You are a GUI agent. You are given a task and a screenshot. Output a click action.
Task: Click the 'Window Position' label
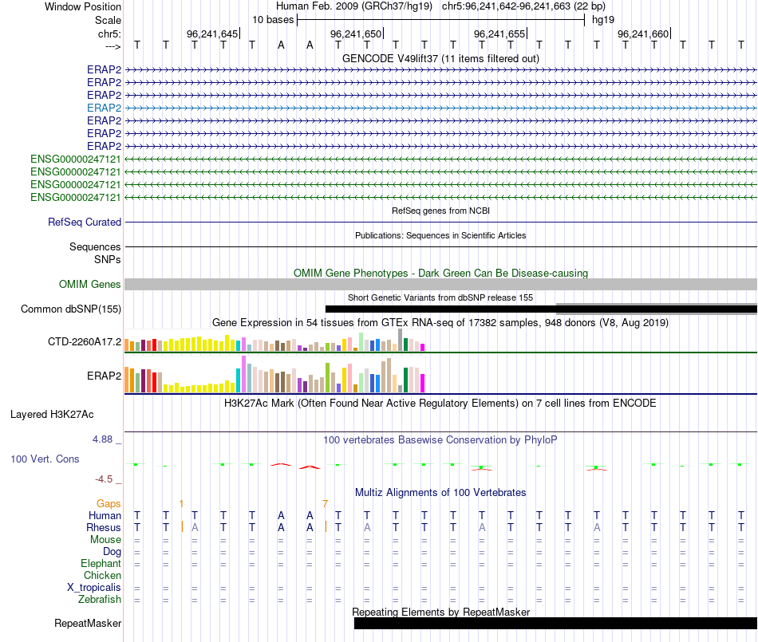coord(83,6)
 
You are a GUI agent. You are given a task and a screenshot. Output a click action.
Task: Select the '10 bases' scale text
coord(273,19)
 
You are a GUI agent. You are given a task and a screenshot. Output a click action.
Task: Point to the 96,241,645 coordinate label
coord(212,33)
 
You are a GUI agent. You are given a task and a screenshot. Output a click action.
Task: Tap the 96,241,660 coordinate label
coord(643,33)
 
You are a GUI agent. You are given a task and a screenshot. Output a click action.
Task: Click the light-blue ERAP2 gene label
coord(104,108)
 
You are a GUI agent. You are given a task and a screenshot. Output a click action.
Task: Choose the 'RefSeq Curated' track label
coord(85,223)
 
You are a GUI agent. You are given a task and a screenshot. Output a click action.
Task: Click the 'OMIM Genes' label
coord(90,285)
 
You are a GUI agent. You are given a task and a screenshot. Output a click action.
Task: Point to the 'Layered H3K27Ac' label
coord(52,415)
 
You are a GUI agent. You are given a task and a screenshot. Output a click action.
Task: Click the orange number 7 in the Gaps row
coord(326,504)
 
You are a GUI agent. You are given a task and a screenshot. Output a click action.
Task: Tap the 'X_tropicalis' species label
coord(94,587)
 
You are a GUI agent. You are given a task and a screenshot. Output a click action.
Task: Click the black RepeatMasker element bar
coord(555,623)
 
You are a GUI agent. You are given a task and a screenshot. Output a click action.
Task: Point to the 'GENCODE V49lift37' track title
coord(440,59)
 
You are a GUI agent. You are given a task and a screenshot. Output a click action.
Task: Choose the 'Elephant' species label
coord(101,563)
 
